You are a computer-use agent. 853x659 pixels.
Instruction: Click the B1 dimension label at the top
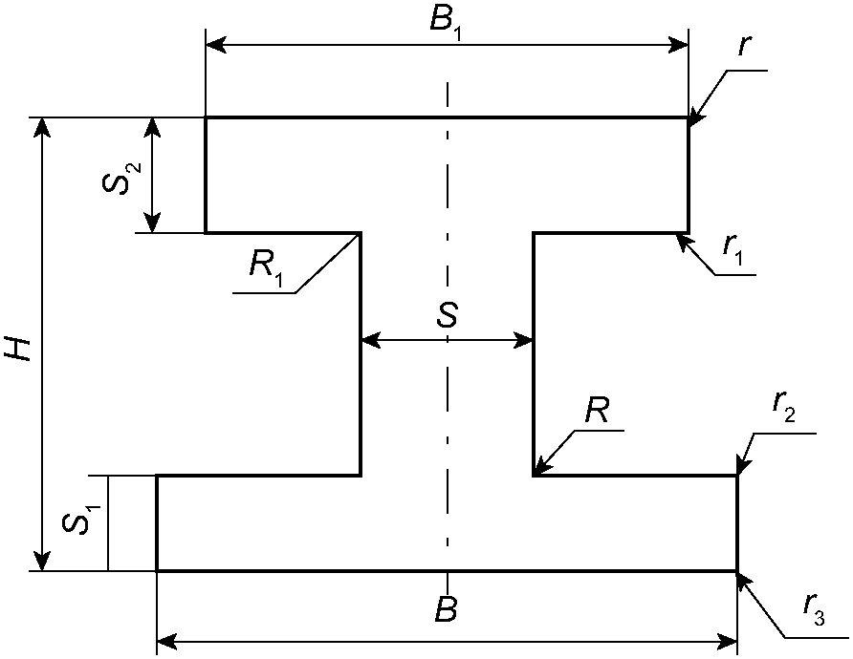[446, 22]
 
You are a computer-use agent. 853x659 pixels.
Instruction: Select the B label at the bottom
[446, 609]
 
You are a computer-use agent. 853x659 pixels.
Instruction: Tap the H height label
[18, 349]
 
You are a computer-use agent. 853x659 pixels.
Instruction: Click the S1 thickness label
[81, 519]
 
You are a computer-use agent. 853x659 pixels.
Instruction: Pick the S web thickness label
[448, 315]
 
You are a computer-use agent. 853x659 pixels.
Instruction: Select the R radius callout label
[597, 410]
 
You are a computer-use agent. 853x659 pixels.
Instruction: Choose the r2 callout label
[784, 404]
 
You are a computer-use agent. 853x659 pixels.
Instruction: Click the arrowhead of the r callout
[696, 120]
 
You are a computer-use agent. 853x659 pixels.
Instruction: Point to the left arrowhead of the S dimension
[370, 341]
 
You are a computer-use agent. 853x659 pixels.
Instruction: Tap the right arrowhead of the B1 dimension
[678, 45]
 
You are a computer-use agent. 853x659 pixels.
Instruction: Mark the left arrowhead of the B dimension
[166, 642]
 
